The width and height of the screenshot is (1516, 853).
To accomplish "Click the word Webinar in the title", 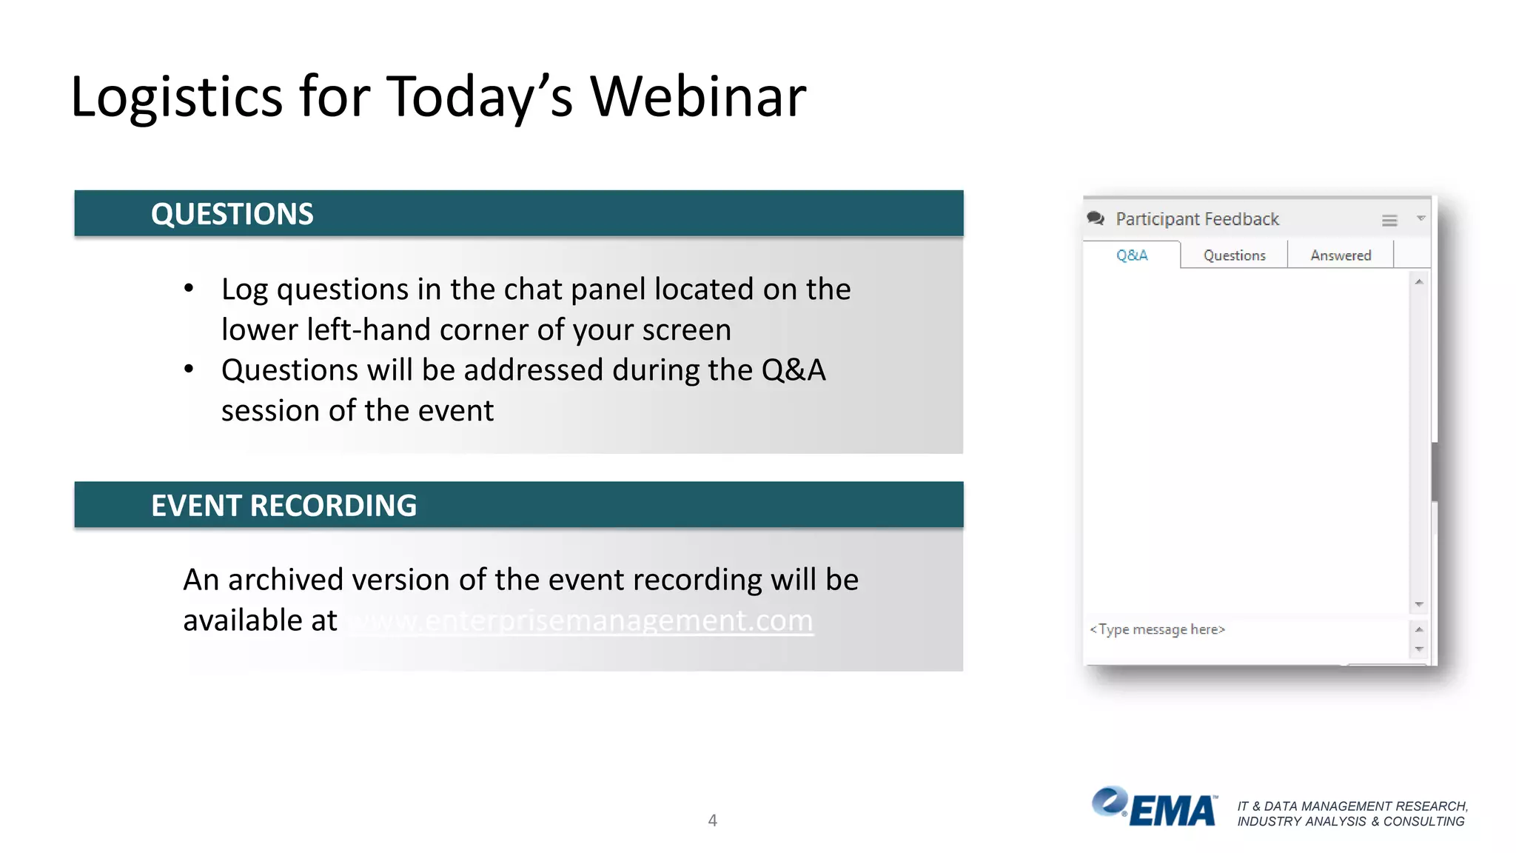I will tap(697, 97).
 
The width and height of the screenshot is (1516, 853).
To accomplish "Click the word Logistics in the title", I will tap(176, 97).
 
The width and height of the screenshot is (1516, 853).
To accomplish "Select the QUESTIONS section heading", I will tap(232, 214).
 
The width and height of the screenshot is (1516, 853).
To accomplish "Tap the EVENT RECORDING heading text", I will tap(284, 506).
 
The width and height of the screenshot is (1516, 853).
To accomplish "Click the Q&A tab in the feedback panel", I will tap(1131, 255).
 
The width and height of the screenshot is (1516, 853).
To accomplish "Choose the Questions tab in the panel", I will tap(1234, 255).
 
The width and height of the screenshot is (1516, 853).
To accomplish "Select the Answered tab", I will tap(1340, 255).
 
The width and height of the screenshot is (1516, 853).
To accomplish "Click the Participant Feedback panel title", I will tap(1197, 219).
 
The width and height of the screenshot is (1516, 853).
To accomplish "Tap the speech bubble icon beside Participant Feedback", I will tap(1096, 218).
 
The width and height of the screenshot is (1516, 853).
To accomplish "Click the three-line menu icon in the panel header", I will tap(1389, 221).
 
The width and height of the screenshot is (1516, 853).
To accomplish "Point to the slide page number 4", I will tap(712, 820).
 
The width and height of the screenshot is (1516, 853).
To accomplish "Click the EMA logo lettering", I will tap(1173, 811).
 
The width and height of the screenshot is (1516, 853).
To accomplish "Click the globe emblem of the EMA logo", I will tap(1109, 802).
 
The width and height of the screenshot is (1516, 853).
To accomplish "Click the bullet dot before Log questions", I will tap(189, 289).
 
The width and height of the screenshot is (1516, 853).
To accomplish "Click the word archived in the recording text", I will tap(285, 580).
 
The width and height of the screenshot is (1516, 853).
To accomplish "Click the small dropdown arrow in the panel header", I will tap(1421, 218).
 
